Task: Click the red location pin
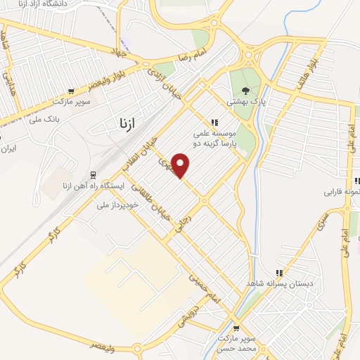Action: point(181,165)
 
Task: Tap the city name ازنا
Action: point(122,125)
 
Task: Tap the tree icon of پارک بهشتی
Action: point(245,90)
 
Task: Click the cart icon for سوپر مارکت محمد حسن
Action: point(236,328)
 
